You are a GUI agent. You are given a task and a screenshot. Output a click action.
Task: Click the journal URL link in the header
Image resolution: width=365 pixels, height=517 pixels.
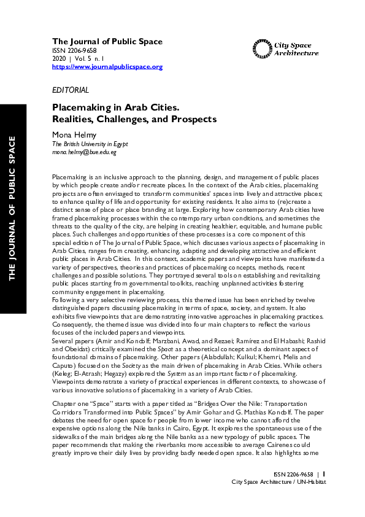[x=107, y=66]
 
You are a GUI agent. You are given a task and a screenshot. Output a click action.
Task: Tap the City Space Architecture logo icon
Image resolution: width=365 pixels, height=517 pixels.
[x=260, y=49]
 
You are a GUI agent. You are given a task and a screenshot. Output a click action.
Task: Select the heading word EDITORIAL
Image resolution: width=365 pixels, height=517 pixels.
[x=71, y=90]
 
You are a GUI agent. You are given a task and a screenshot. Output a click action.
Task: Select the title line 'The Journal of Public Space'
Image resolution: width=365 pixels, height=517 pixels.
[x=107, y=42]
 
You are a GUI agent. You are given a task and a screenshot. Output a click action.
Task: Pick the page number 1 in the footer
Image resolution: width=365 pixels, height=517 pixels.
[x=324, y=473]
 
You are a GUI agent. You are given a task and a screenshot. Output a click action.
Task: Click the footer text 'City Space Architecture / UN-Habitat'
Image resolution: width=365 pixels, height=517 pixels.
[x=279, y=482]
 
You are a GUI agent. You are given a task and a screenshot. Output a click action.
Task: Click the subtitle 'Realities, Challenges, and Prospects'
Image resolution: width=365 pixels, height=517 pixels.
[x=134, y=119]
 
